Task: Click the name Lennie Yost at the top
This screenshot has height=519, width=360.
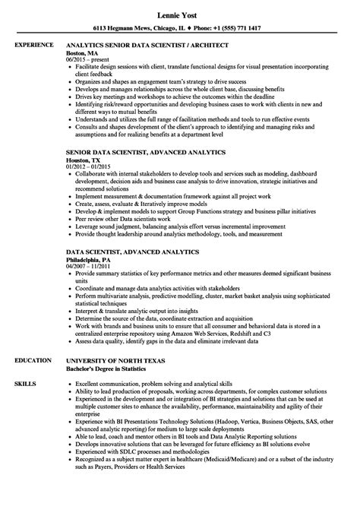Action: (179, 14)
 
